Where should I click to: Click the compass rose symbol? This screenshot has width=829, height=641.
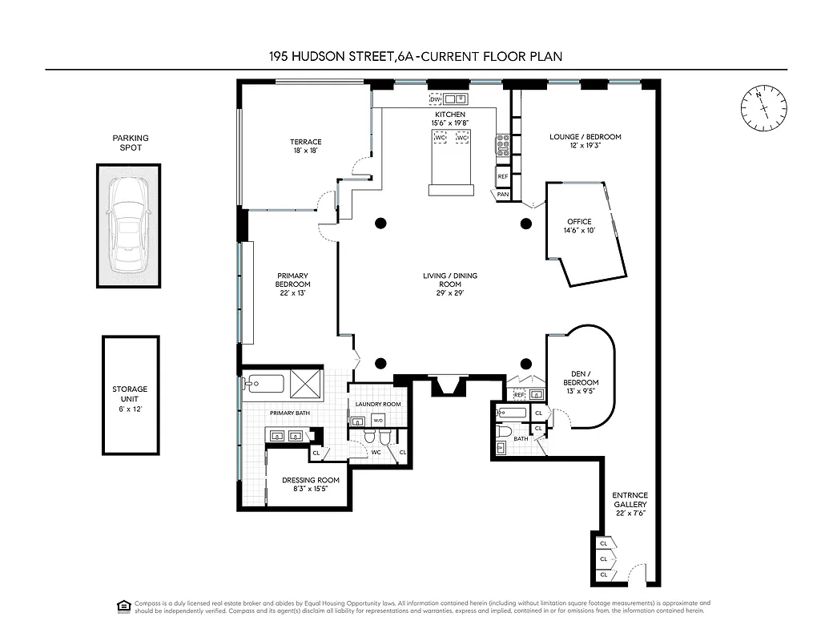[x=761, y=108]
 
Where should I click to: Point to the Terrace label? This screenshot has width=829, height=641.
[x=306, y=147]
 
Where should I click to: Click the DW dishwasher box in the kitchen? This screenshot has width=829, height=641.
[x=436, y=99]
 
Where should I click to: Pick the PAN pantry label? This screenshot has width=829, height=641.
[x=503, y=194]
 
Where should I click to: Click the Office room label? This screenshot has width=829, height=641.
[x=579, y=227]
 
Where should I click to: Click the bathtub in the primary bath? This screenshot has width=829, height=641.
[x=264, y=383]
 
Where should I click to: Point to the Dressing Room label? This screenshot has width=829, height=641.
[x=311, y=486]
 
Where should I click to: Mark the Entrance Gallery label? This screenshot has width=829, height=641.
[x=630, y=504]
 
